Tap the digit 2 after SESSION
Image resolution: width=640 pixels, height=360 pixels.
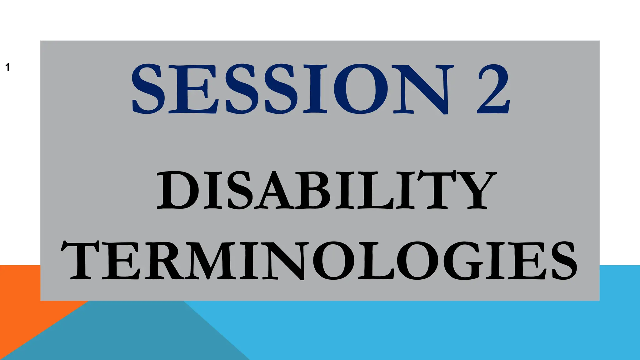click(x=493, y=89)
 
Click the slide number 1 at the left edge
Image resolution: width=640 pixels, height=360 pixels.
click(x=7, y=67)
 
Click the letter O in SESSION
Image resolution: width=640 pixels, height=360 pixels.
click(x=361, y=89)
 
